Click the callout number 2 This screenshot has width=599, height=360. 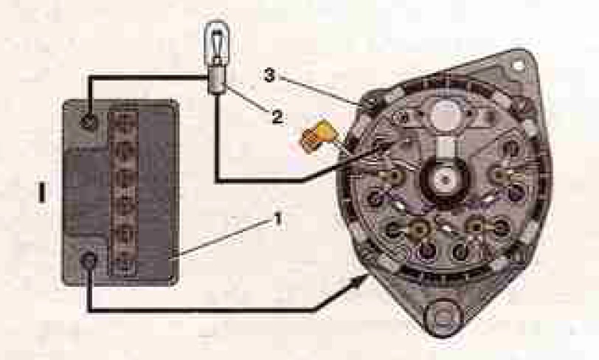click(277, 117)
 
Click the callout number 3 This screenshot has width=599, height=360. click(269, 75)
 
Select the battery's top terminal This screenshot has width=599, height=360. click(89, 122)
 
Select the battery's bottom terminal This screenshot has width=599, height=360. click(89, 261)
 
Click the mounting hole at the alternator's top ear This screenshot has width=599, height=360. click(518, 66)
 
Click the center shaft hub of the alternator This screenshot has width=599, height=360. click(445, 179)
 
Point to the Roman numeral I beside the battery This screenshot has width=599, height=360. click(41, 193)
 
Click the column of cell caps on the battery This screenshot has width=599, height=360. click(123, 193)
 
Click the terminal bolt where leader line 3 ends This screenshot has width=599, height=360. click(369, 103)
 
